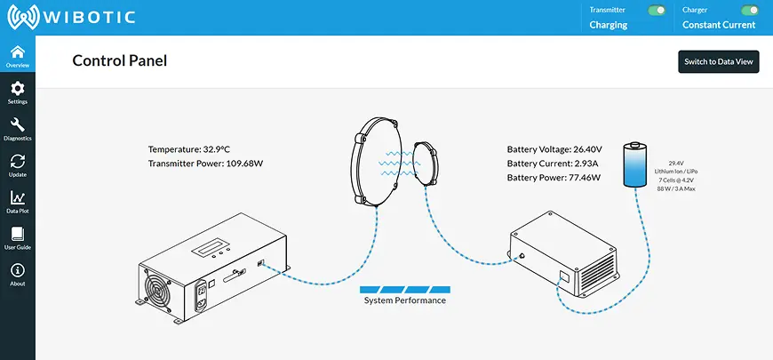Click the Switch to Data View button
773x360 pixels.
pyautogui.click(x=719, y=62)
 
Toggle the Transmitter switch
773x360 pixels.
pyautogui.click(x=657, y=11)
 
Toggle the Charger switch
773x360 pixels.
pyautogui.click(x=751, y=11)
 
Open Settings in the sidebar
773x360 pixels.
pyautogui.click(x=17, y=92)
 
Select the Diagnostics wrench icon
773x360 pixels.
pyautogui.click(x=17, y=125)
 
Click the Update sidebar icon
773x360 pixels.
pyautogui.click(x=17, y=162)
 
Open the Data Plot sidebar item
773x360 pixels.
pyautogui.click(x=17, y=198)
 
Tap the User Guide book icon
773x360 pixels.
pyautogui.click(x=17, y=234)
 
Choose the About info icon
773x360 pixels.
pyautogui.click(x=17, y=270)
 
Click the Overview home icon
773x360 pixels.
pyautogui.click(x=17, y=52)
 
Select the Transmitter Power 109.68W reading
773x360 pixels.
pyautogui.click(x=206, y=164)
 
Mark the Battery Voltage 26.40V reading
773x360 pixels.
pyautogui.click(x=554, y=149)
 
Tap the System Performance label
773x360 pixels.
pyautogui.click(x=405, y=300)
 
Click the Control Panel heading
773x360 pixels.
pyautogui.click(x=119, y=60)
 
